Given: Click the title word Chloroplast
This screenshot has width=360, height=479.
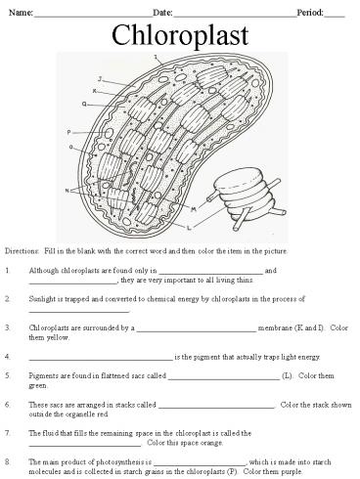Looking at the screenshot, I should [x=180, y=36].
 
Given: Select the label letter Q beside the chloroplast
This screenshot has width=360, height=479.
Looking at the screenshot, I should [x=84, y=103].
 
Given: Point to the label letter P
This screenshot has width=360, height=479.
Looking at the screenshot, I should [x=69, y=132].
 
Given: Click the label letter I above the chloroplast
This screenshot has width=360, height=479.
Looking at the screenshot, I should [x=156, y=59].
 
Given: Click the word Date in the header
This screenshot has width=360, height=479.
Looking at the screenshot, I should [x=162, y=11].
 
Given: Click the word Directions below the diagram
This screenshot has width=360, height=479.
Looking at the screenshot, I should [x=22, y=251].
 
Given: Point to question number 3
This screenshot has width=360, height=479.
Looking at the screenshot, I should [x=8, y=328].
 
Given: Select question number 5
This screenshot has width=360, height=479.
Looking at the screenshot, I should [x=8, y=374].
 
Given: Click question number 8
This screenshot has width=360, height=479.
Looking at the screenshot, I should [x=8, y=458].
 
